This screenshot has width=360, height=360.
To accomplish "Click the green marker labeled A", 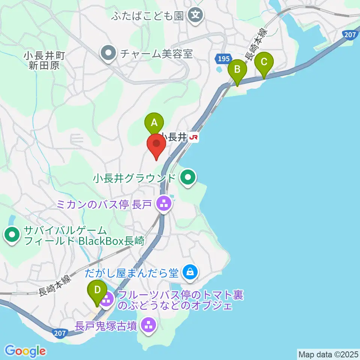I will click(154, 122).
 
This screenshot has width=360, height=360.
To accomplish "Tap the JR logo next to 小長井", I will click(194, 138).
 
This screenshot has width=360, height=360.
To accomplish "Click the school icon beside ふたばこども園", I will click(195, 15).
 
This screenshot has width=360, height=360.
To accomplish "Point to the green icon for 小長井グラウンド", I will click(187, 177).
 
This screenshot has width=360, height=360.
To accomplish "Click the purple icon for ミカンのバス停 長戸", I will click(163, 204).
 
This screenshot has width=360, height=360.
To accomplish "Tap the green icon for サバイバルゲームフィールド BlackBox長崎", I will click(12, 235).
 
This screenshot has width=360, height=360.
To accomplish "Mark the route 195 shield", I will click(223, 58).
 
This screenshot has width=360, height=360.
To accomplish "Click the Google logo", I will click(25, 351).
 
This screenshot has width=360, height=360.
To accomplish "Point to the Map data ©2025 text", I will click(327, 354).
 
